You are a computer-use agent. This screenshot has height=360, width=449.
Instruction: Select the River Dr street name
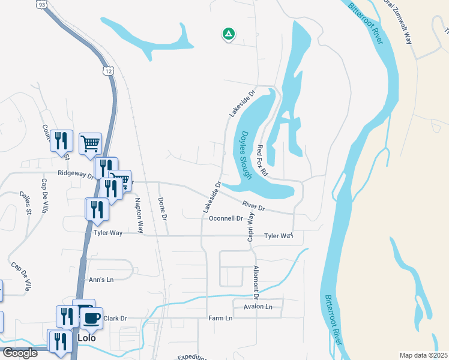coord(253,206)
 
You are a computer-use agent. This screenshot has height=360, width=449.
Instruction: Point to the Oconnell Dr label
coord(225,218)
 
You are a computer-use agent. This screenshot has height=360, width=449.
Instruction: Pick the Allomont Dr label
coord(256,281)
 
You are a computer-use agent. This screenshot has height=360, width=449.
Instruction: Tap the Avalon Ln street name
coord(258,307)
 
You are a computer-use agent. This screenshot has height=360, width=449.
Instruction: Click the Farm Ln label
coord(220,317)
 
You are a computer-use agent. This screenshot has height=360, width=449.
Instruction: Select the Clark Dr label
coord(115,318)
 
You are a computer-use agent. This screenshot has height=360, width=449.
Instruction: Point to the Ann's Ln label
coord(101,280)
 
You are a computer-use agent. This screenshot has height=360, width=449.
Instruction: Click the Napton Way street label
coord(139,215)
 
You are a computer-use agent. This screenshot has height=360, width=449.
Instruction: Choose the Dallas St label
coord(26,203)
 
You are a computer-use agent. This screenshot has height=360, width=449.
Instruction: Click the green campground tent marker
coord(228,34)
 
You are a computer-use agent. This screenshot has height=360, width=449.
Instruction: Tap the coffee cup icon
coord(92,317)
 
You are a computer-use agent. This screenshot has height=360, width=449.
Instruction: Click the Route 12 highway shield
coord(107,71)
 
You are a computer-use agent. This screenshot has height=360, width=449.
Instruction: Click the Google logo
coord(20,353)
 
